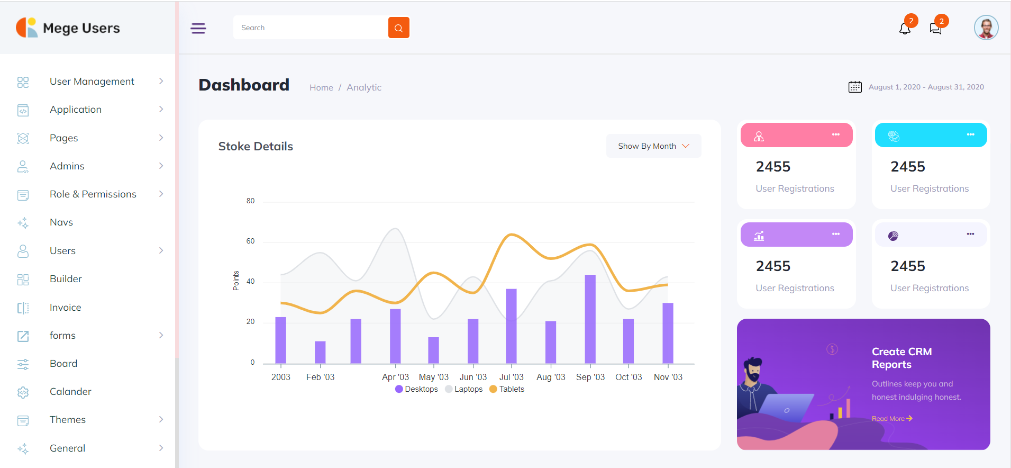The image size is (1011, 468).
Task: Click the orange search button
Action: click(x=398, y=28)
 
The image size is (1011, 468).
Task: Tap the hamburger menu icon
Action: click(x=198, y=28)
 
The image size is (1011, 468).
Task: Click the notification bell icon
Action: click(x=905, y=29)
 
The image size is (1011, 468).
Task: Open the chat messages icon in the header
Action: click(x=935, y=29)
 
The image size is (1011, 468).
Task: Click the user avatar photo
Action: click(x=986, y=28)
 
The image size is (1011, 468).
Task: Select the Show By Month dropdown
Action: click(x=653, y=146)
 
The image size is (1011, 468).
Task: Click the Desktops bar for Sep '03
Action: click(x=590, y=319)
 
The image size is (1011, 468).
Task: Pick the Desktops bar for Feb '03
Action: click(x=320, y=352)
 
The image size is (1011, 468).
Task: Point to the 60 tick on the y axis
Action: click(x=250, y=241)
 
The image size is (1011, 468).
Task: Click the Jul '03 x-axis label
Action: click(x=511, y=377)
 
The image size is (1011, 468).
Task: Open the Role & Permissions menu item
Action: click(x=93, y=194)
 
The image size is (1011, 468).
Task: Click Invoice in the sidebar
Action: click(x=65, y=308)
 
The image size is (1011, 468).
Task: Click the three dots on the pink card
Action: click(x=835, y=134)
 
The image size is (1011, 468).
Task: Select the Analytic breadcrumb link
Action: click(x=363, y=87)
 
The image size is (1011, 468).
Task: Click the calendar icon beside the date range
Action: click(x=855, y=87)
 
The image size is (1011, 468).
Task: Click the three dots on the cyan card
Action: click(x=970, y=134)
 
